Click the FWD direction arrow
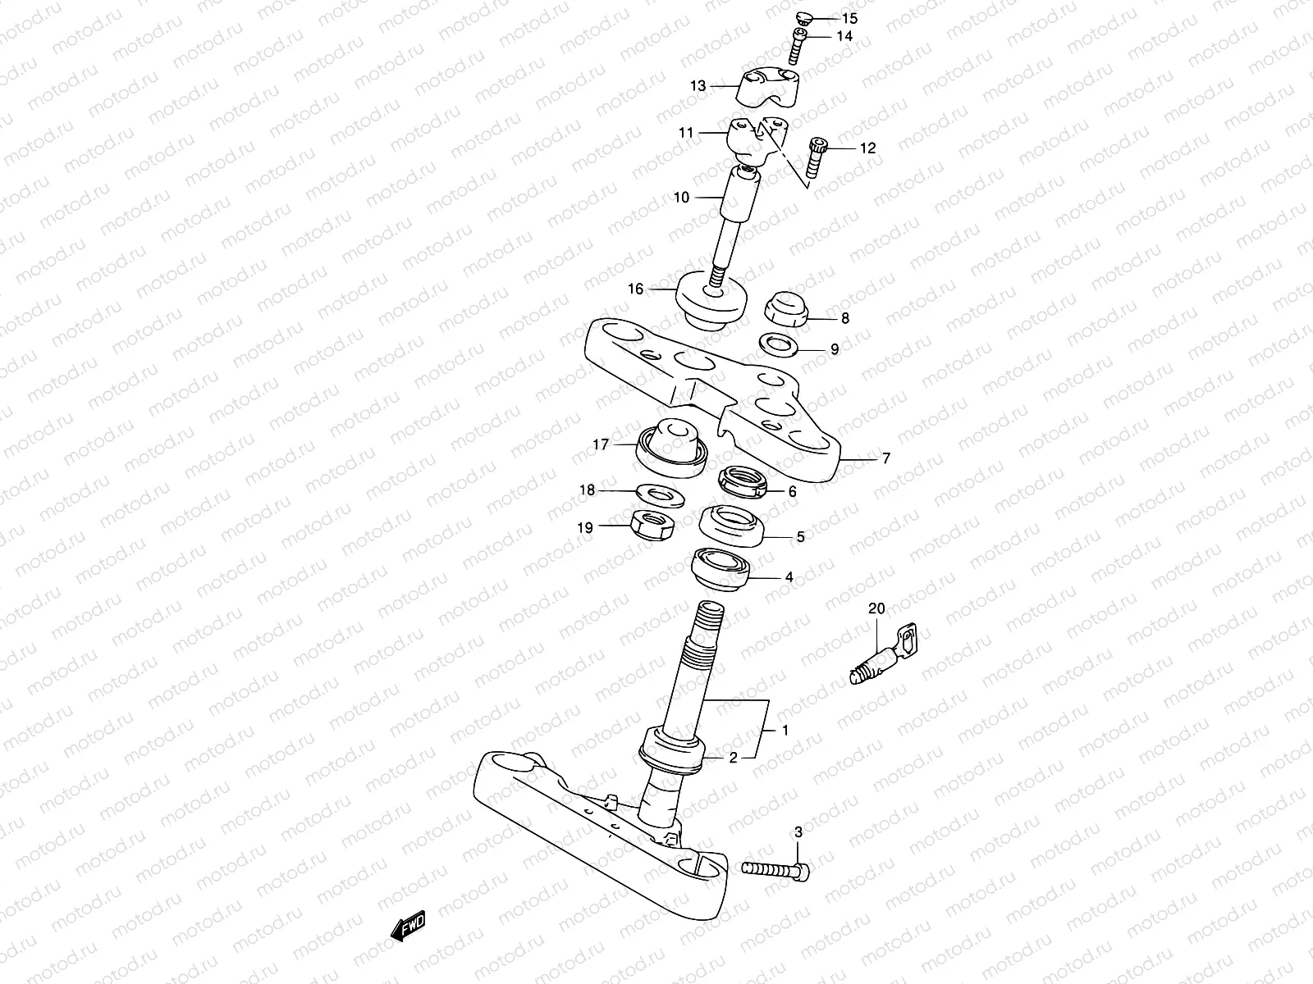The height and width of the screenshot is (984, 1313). click(x=408, y=927)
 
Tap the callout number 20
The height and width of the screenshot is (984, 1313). click(x=876, y=608)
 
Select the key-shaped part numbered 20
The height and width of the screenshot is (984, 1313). click(x=882, y=656)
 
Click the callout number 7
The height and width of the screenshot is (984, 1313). click(x=885, y=459)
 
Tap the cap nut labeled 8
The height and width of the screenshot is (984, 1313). click(x=786, y=309)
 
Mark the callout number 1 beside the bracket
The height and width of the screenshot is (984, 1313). click(x=785, y=730)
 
